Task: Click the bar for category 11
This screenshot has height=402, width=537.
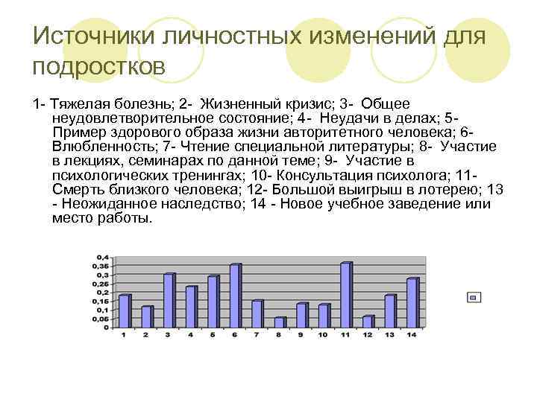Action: point(345,296)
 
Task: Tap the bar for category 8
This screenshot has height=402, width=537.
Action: point(279,323)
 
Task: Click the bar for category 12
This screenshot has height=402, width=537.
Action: point(368,322)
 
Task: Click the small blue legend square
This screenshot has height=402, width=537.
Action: point(473,297)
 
